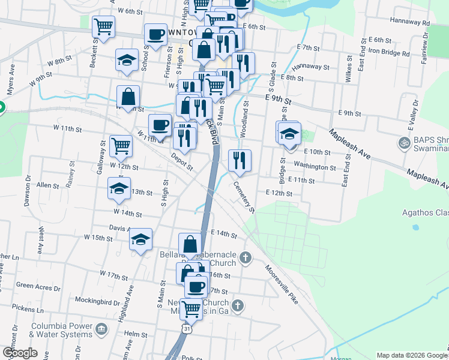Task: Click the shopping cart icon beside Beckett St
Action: (103, 27)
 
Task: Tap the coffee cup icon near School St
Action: (155, 35)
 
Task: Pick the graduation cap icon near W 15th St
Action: (140, 240)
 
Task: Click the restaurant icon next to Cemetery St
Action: (240, 160)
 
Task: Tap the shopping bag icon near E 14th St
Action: (190, 244)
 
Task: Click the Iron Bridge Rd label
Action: (389, 53)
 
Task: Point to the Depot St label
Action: (181, 161)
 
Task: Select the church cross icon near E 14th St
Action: (244, 258)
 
